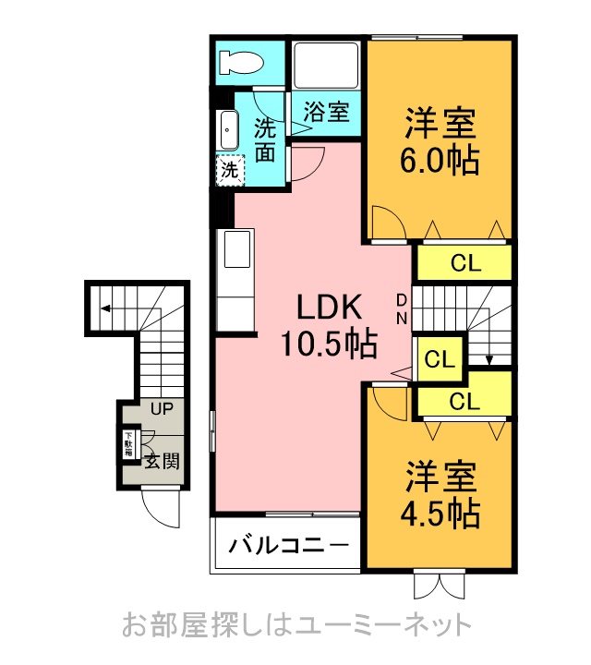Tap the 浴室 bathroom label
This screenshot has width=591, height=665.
tap(327, 113)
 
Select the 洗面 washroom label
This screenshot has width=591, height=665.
tap(265, 139)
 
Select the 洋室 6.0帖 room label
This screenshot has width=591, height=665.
tap(440, 142)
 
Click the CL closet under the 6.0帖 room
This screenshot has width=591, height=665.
tap(464, 263)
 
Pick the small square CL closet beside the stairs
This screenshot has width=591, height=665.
tap(440, 358)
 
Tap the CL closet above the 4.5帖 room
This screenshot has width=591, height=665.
tap(464, 401)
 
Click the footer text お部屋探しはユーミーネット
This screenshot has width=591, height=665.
tap(295, 625)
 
